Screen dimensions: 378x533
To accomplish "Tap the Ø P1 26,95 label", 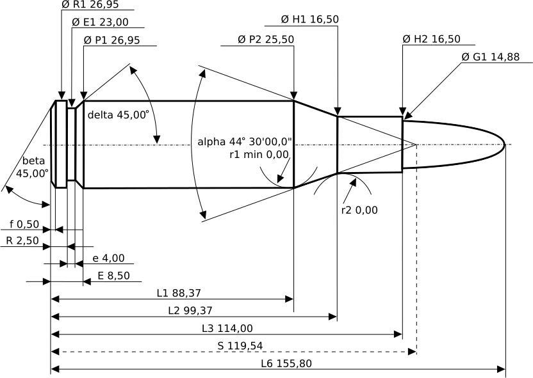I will coord(111,40).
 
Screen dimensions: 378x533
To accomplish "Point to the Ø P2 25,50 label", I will coord(265,40).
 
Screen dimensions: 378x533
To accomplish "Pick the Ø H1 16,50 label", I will coord(310,20).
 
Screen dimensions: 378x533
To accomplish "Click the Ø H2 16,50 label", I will coord(432,39).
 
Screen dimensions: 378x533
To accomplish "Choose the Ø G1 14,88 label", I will coord(490,57).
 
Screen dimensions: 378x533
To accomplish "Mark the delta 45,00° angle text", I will coord(119,115).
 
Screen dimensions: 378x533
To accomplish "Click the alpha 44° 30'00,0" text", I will coord(245,141).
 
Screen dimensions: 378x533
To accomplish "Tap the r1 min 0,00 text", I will coord(260,154).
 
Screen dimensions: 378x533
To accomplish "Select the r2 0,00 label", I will coord(359,210).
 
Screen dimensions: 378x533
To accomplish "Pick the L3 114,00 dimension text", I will coord(227,328).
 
